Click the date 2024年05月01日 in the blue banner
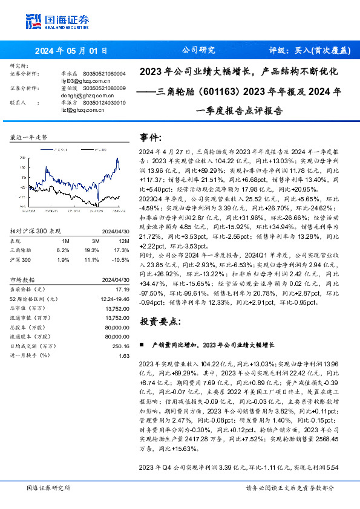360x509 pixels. pos(71,51)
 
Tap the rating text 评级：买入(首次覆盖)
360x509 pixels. pos(310,51)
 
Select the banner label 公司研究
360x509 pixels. pos(198,51)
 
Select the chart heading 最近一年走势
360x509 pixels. pos(28,138)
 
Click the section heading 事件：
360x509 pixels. pos(151,137)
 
